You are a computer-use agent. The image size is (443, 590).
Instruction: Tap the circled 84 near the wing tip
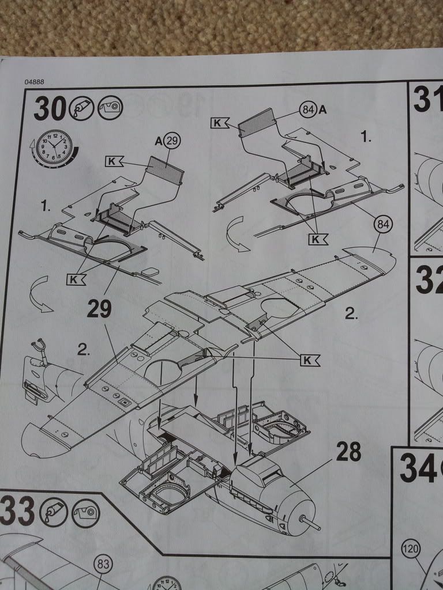tap(382, 225)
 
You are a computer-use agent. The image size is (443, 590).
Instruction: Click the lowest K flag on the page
tap(311, 360)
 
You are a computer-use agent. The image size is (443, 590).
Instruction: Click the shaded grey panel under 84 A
tap(257, 123)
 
